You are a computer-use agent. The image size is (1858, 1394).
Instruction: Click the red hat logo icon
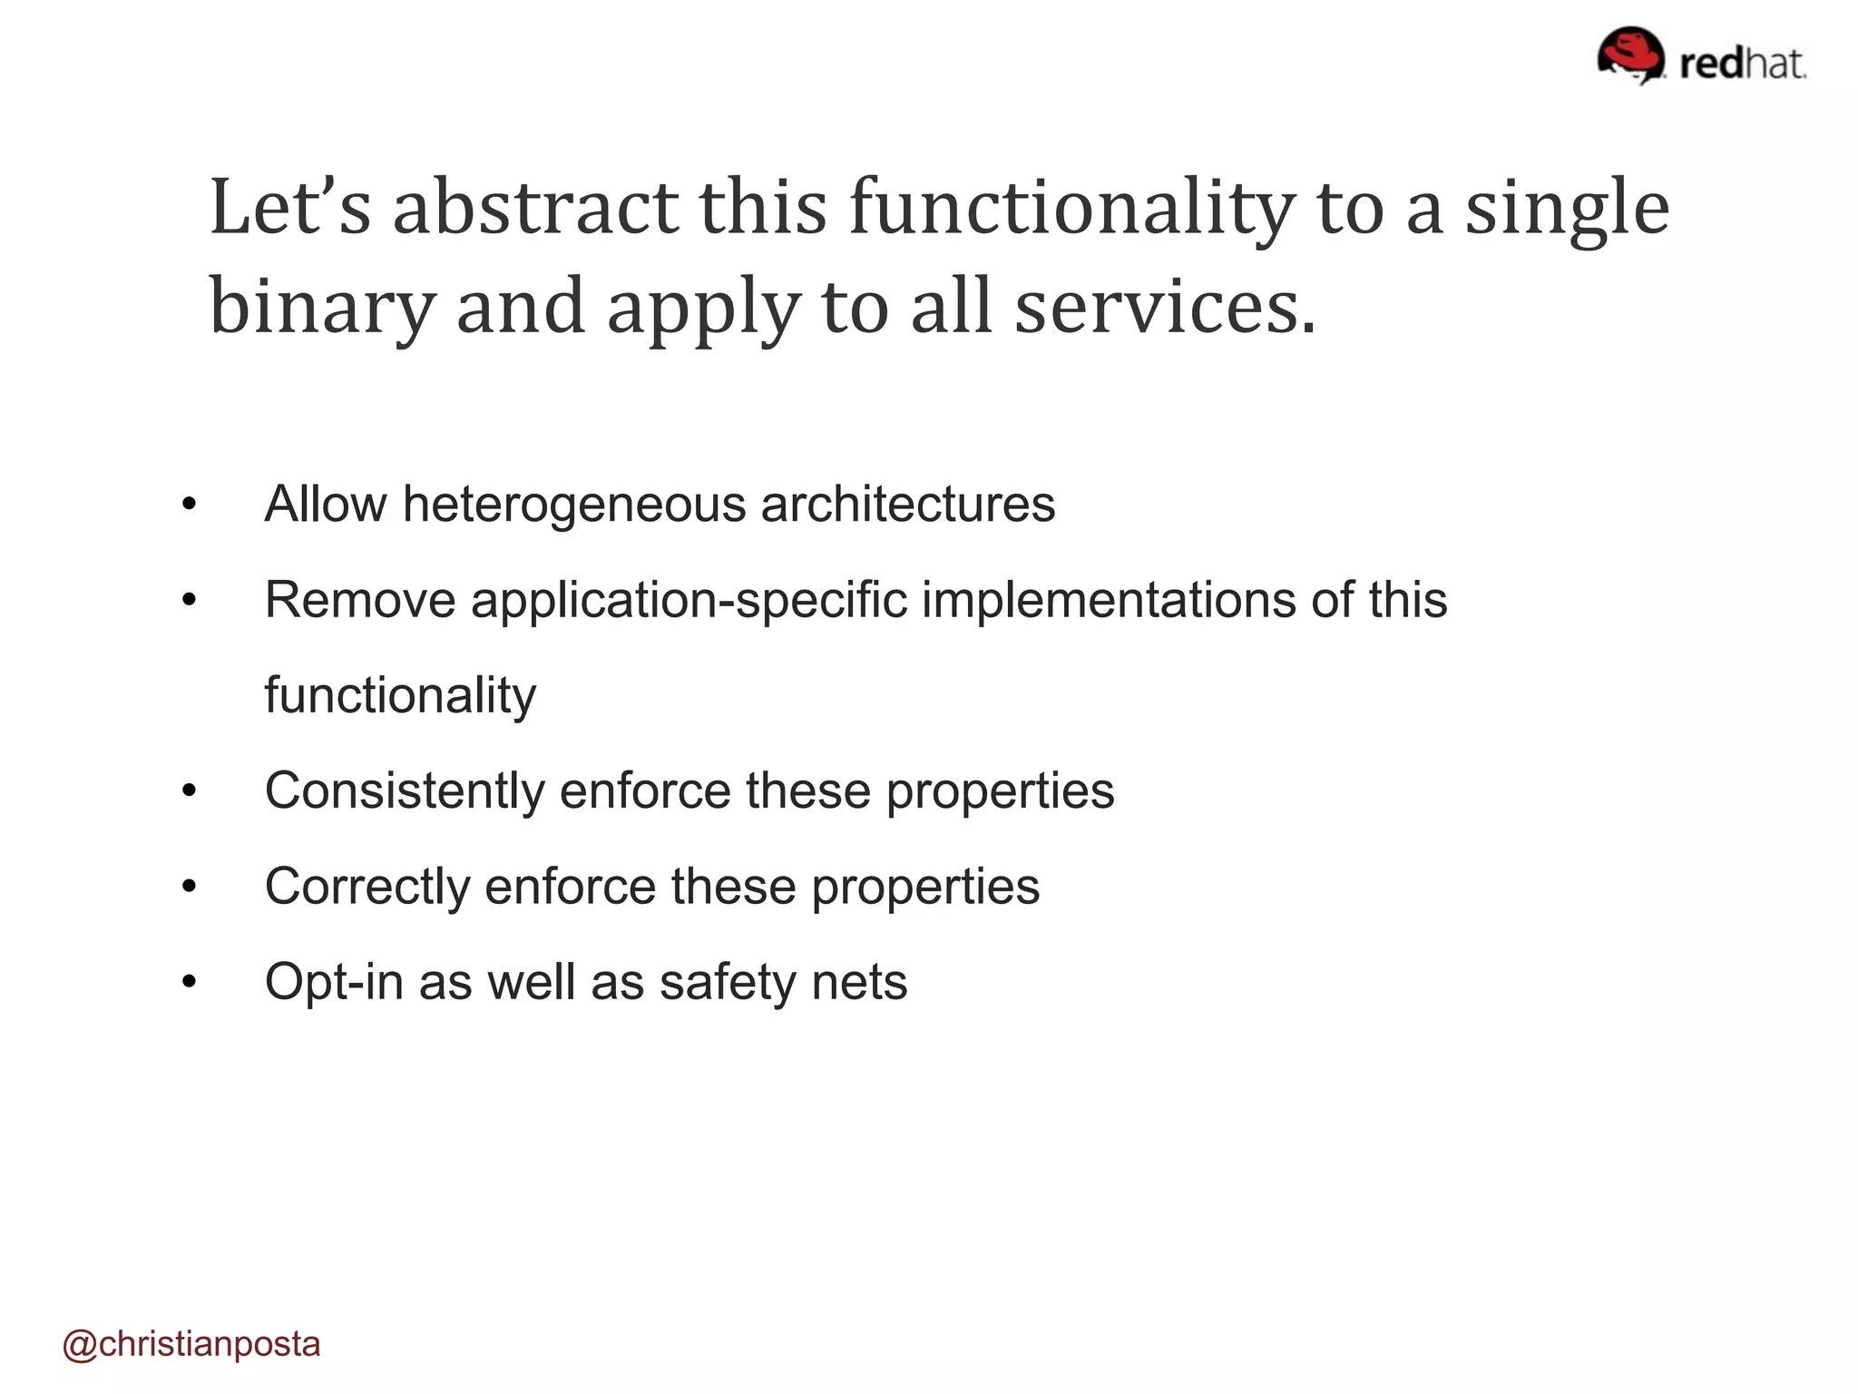pyautogui.click(x=1630, y=54)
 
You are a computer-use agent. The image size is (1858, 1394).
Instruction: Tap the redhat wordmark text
pyautogui.click(x=1743, y=64)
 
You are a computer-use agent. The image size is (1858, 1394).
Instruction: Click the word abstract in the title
pyautogui.click(x=534, y=208)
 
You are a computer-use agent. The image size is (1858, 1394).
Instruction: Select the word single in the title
pyautogui.click(x=1567, y=210)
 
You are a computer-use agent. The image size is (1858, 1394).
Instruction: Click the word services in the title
pyautogui.click(x=1164, y=307)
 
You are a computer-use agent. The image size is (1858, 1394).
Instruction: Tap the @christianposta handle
pyautogui.click(x=191, y=1344)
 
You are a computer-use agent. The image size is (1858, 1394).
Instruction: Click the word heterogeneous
pyautogui.click(x=574, y=505)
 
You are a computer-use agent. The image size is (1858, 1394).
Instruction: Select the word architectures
pyautogui.click(x=908, y=505)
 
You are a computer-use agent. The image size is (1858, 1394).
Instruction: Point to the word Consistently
pyautogui.click(x=405, y=790)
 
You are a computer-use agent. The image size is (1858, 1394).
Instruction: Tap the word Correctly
pyautogui.click(x=367, y=887)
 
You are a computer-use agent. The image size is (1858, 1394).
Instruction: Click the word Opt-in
pyautogui.click(x=334, y=982)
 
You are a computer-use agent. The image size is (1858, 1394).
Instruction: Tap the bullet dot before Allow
pyautogui.click(x=189, y=506)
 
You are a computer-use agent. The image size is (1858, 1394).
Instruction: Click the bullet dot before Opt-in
pyautogui.click(x=189, y=983)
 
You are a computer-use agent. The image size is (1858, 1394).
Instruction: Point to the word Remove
pyautogui.click(x=359, y=600)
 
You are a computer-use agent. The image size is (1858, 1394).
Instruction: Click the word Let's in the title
pyautogui.click(x=290, y=208)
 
